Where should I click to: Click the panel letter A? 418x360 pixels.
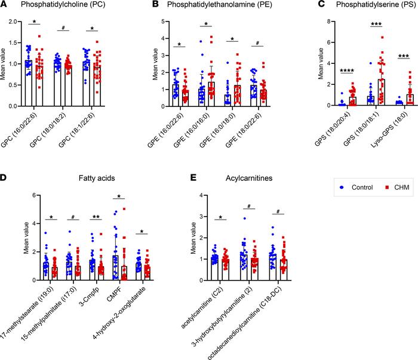pyautogui.click(x=4, y=5)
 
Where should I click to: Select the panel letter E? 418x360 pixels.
pyautogui.click(x=174, y=180)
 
